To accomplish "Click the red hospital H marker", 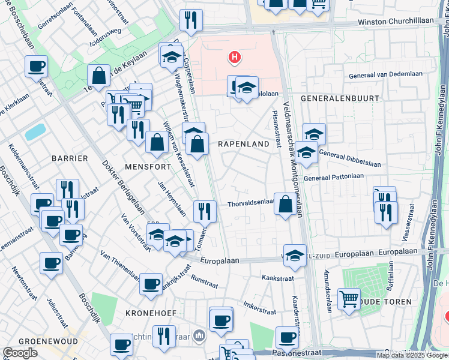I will (234, 58).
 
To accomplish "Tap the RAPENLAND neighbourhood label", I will (243, 144).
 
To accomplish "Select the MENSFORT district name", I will (145, 164).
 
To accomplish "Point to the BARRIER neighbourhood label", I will (70, 158).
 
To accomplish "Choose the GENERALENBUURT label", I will (340, 98).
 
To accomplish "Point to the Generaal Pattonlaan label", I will (334, 176).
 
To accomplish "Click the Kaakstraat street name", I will (277, 278).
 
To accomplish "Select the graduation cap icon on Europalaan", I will (295, 255).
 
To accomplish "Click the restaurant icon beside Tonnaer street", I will (205, 211).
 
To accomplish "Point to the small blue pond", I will (35, 132).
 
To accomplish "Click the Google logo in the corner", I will (20, 353).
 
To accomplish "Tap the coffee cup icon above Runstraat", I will (151, 283).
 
